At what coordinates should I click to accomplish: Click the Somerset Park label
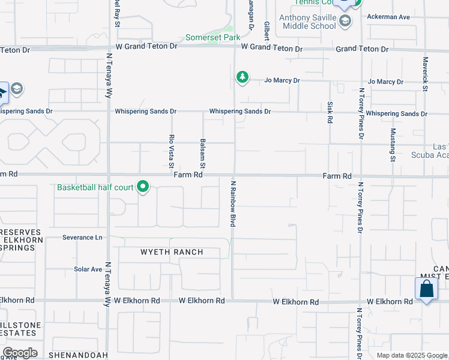pyautogui.click(x=212, y=37)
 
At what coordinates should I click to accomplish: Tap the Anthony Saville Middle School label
pyautogui.click(x=307, y=22)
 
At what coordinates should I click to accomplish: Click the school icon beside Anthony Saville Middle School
pyautogui.click(x=345, y=23)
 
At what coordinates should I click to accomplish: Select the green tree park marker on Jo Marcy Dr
pyautogui.click(x=242, y=77)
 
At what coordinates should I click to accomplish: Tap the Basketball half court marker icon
pyautogui.click(x=143, y=187)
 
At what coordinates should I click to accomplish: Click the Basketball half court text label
pyautogui.click(x=95, y=187)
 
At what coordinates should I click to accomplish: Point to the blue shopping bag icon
pyautogui.click(x=426, y=289)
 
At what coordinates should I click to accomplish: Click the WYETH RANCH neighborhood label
pyautogui.click(x=172, y=252)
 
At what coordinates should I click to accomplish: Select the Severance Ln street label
pyautogui.click(x=82, y=238)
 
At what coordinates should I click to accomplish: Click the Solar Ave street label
pyautogui.click(x=88, y=269)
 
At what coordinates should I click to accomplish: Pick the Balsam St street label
pyautogui.click(x=203, y=154)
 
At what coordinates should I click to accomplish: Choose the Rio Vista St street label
pyautogui.click(x=171, y=151)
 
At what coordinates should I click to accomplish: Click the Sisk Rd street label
pyautogui.click(x=330, y=112)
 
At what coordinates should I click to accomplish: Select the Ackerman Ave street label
pyautogui.click(x=388, y=17)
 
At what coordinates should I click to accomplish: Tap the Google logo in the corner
pyautogui.click(x=20, y=353)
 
